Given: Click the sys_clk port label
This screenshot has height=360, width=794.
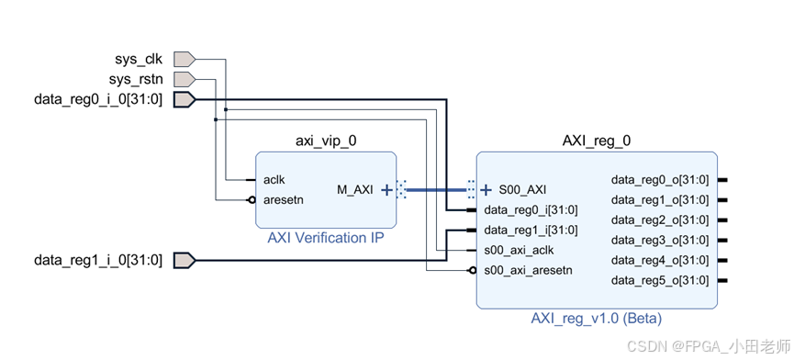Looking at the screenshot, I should pyautogui.click(x=138, y=60).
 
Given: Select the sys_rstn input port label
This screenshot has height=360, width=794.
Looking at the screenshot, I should pyautogui.click(x=136, y=80).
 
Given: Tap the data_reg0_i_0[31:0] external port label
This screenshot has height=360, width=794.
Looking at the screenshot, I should pyautogui.click(x=98, y=100).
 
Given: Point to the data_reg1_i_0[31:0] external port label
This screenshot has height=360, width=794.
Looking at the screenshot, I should pyautogui.click(x=98, y=261).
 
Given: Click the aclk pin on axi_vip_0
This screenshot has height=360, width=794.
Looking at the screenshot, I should pyautogui.click(x=274, y=179).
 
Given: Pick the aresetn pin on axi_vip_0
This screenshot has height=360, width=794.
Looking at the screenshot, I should pyautogui.click(x=283, y=198).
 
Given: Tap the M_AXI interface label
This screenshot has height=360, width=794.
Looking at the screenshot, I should pyautogui.click(x=355, y=190).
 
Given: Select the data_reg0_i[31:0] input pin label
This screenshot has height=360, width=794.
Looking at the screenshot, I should pyautogui.click(x=531, y=210).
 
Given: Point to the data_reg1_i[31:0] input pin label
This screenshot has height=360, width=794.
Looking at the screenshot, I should pyautogui.click(x=531, y=231).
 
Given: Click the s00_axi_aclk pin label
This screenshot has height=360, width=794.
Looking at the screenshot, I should pyautogui.click(x=519, y=250).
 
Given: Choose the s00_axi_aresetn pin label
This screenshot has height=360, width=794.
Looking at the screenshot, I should pyautogui.click(x=528, y=270).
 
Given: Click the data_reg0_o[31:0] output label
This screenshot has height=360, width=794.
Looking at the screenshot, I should pyautogui.click(x=659, y=180).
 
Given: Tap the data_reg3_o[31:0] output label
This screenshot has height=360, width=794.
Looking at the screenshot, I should pyautogui.click(x=659, y=240).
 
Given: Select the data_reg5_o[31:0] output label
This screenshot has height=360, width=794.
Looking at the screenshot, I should pyautogui.click(x=659, y=280).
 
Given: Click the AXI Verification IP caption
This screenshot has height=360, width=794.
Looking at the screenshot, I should pyautogui.click(x=325, y=238).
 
